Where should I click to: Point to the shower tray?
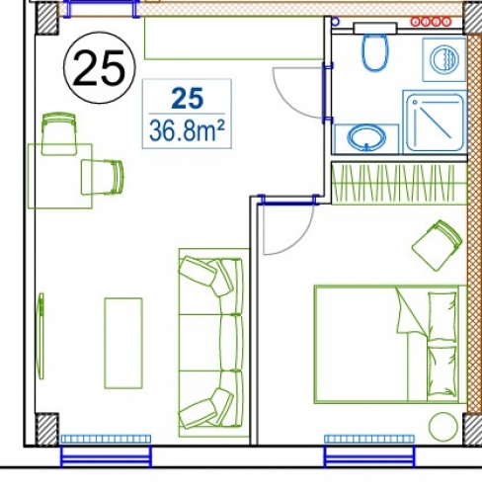[434, 121]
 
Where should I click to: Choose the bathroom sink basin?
[365, 138]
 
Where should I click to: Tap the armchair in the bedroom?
[436, 243]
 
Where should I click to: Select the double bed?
[386, 343]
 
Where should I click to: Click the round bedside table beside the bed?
[442, 426]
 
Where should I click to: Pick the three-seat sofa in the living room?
[210, 342]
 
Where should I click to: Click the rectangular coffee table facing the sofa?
[123, 342]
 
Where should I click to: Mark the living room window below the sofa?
[106, 438]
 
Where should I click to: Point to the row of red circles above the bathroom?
[432, 19]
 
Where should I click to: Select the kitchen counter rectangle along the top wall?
[233, 39]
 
